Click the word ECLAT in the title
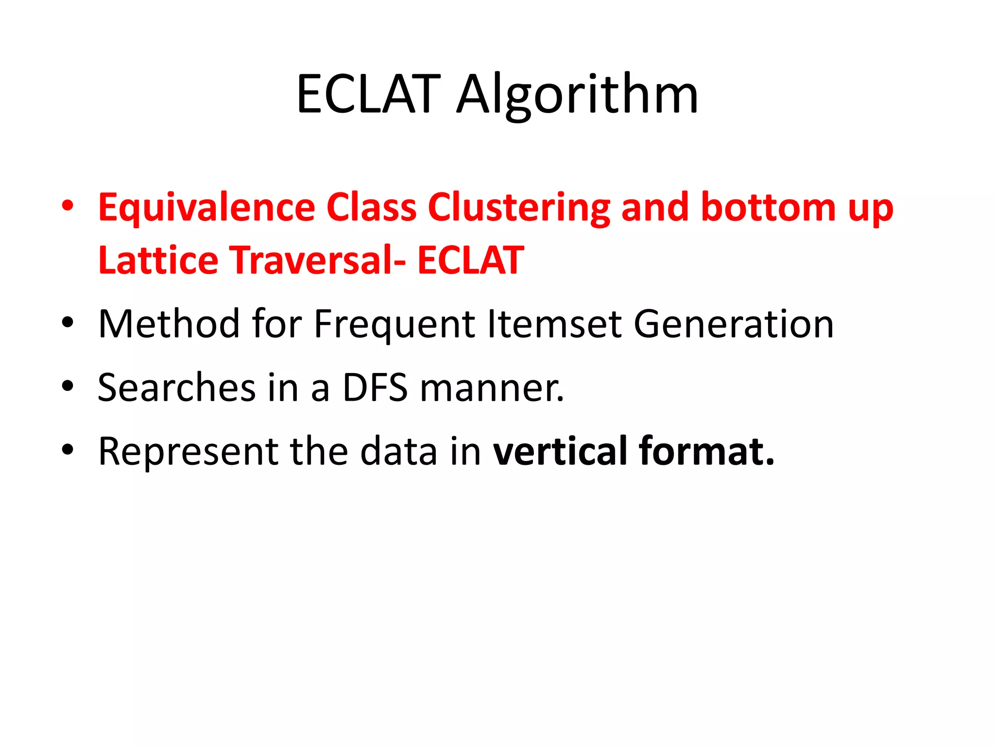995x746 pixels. point(368,94)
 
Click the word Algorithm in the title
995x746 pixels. point(577,94)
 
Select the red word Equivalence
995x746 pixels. point(206,207)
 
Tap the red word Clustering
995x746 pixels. point(518,207)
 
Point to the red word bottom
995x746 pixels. point(768,207)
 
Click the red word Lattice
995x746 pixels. point(158,260)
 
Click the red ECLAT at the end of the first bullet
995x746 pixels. point(470,260)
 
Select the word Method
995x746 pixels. point(169,324)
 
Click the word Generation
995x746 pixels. point(734,324)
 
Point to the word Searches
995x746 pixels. point(176,388)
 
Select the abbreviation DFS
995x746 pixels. point(375,388)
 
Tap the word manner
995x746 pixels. point(492,388)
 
